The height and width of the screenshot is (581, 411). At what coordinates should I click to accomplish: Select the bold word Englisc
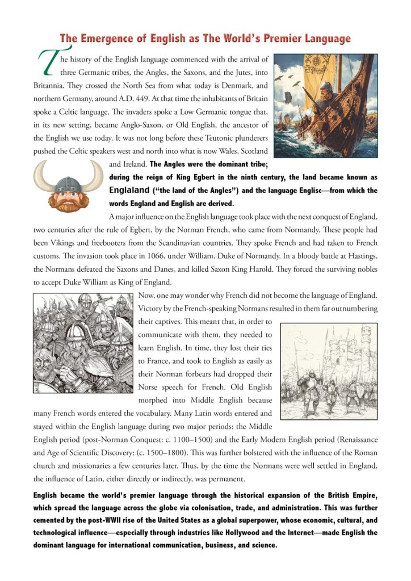307,191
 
